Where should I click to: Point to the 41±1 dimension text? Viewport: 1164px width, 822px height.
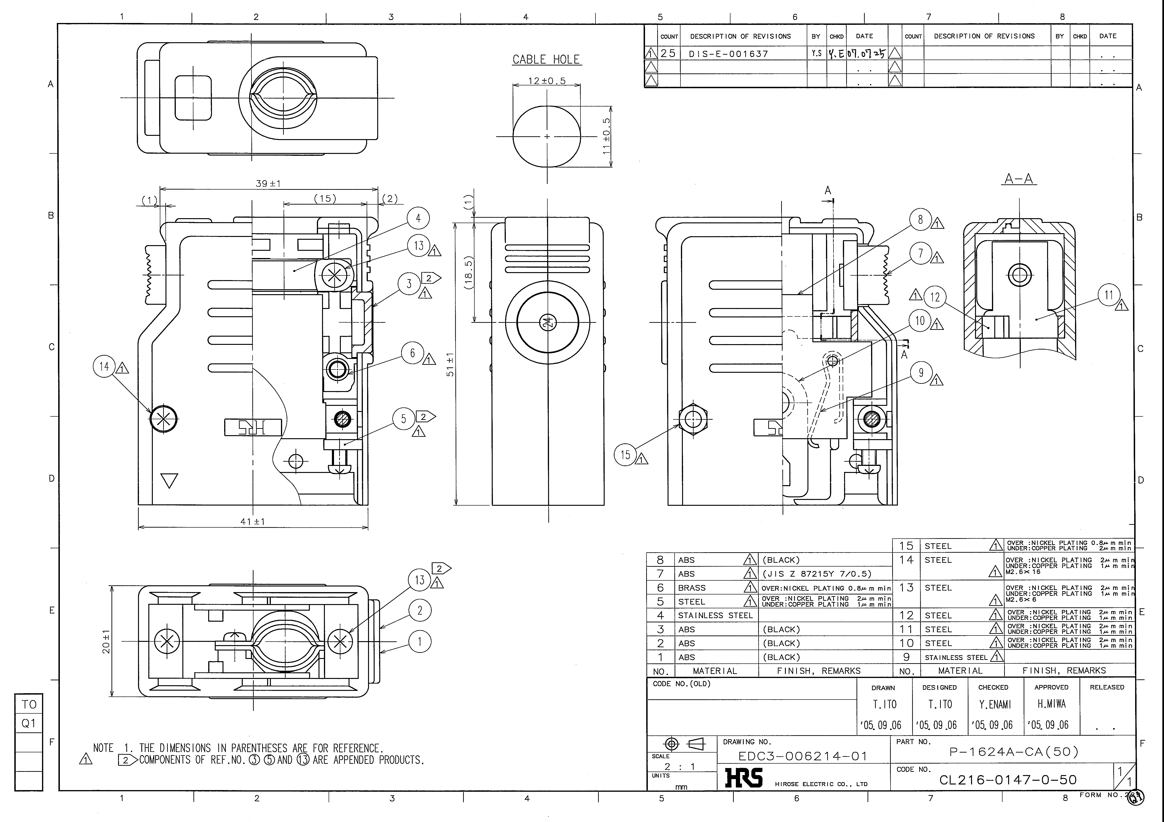click(x=253, y=521)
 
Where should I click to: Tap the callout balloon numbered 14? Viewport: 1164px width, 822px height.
click(x=104, y=366)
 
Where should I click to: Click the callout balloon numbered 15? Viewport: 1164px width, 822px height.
click(x=626, y=455)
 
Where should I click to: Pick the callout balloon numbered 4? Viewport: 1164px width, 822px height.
click(x=418, y=218)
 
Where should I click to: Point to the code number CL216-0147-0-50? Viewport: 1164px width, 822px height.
click(x=1008, y=780)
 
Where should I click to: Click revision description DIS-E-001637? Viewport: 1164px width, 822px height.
click(x=729, y=54)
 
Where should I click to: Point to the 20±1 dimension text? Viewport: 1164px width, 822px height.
click(x=107, y=642)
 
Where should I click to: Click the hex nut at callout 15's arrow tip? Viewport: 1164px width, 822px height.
click(x=692, y=419)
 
